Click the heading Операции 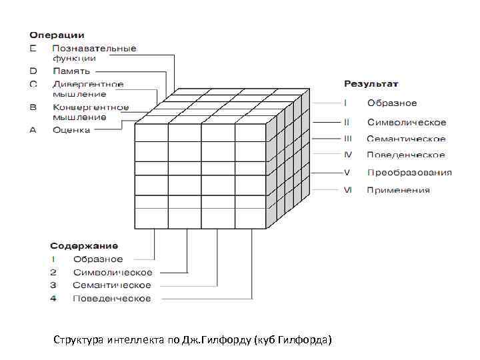tap(56, 35)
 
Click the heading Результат tap(371, 83)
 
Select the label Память tap(71, 71)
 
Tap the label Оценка tap(71, 130)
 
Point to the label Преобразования tap(409, 172)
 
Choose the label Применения tap(398, 190)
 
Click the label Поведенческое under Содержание tap(112, 298)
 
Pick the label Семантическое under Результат tap(406, 139)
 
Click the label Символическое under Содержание tap(113, 272)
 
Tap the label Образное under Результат tap(392, 103)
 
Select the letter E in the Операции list tap(33, 48)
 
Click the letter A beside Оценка tap(33, 130)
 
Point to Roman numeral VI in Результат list tap(347, 190)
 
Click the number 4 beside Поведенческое tap(53, 298)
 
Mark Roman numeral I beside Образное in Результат tap(345, 103)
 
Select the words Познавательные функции tap(94, 53)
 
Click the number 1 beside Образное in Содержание tap(53, 259)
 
